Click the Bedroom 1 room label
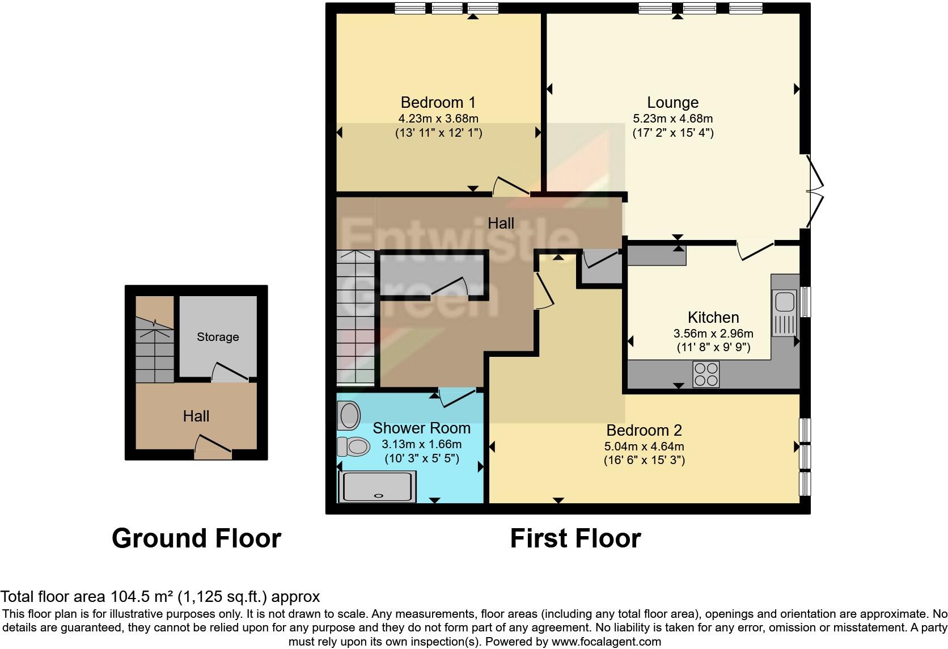(438, 103)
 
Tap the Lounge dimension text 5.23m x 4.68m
(672, 119)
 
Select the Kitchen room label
(713, 317)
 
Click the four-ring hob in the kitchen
(706, 374)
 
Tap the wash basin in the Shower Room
(348, 415)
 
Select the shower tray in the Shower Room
(377, 487)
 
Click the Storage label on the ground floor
(218, 337)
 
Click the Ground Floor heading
(196, 538)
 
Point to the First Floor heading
(575, 538)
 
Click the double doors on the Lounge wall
(815, 193)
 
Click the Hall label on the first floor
(501, 224)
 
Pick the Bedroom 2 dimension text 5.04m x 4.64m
(644, 446)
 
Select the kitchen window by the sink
(805, 301)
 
